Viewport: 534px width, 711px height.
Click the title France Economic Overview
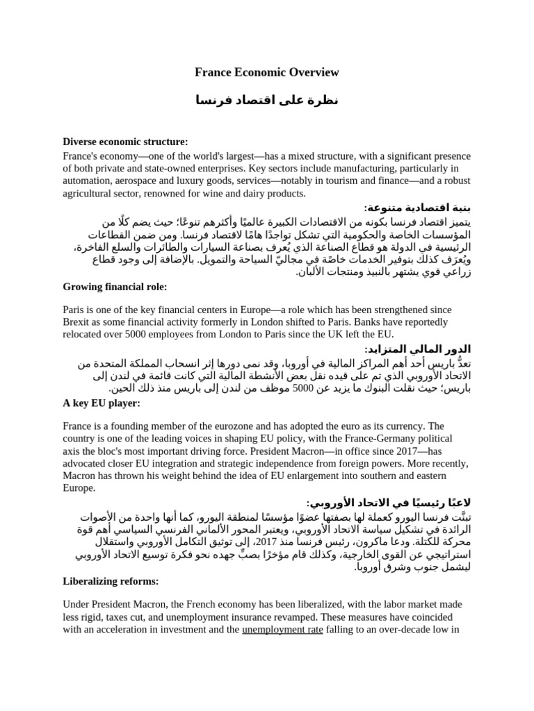pos(266,72)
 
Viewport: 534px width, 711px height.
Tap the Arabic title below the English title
pos(267,101)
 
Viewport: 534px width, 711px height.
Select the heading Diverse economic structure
pos(125,142)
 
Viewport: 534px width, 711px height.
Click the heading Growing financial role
pos(115,287)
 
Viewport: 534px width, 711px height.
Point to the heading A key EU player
pos(102,403)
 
